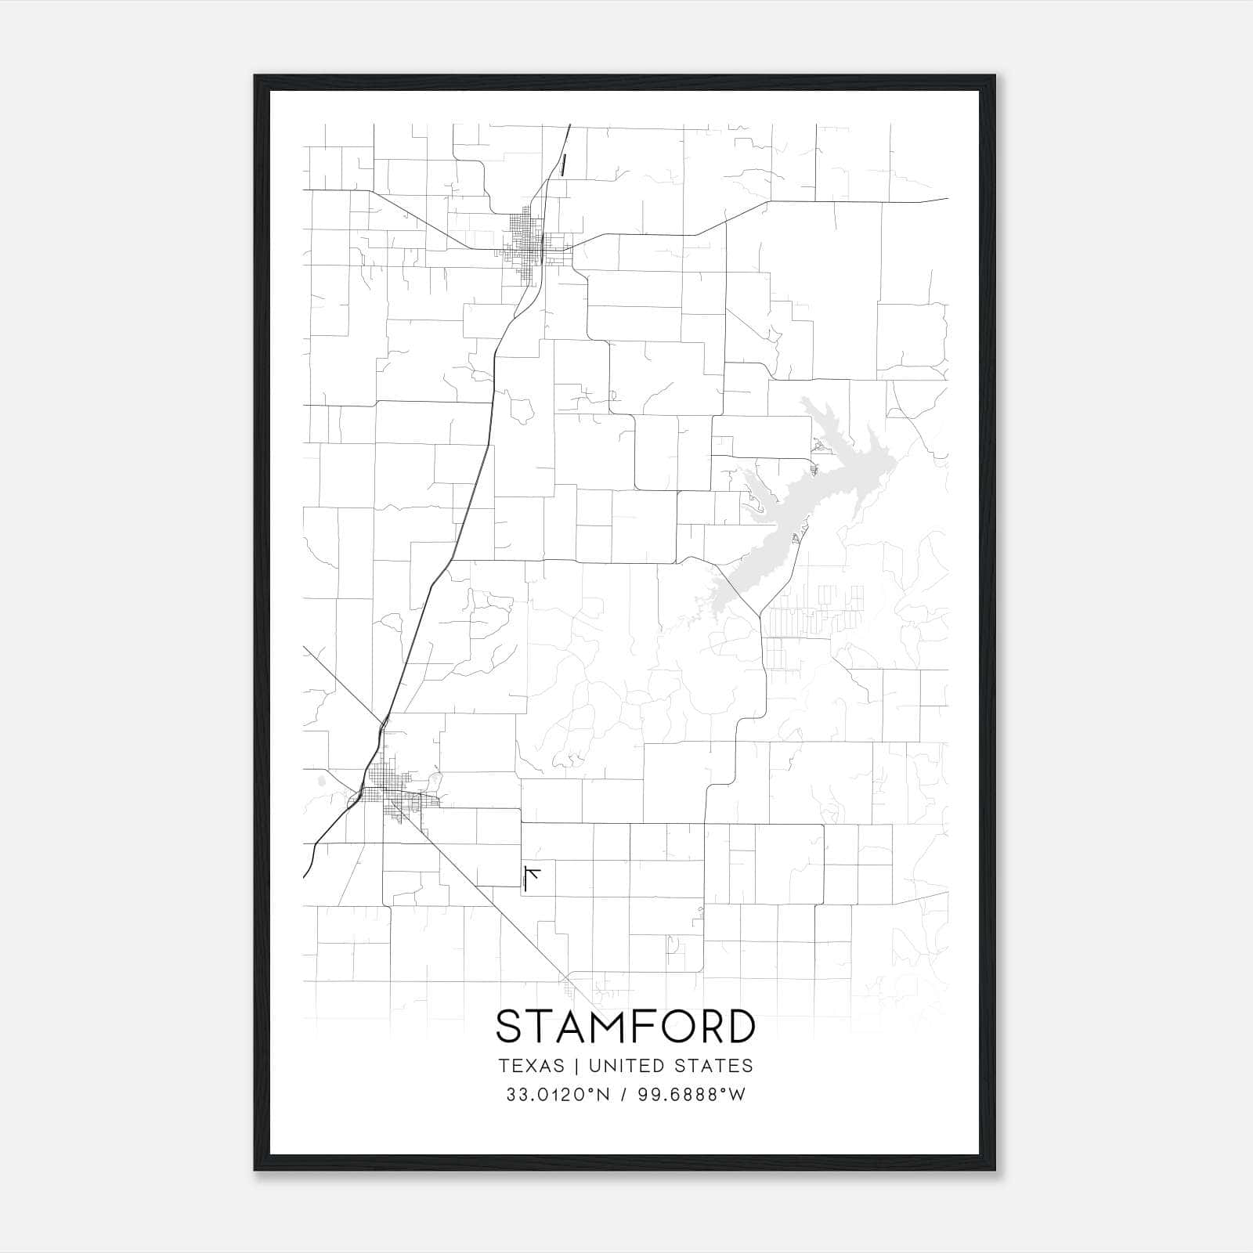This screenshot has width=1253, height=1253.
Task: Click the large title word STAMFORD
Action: click(x=626, y=1027)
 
